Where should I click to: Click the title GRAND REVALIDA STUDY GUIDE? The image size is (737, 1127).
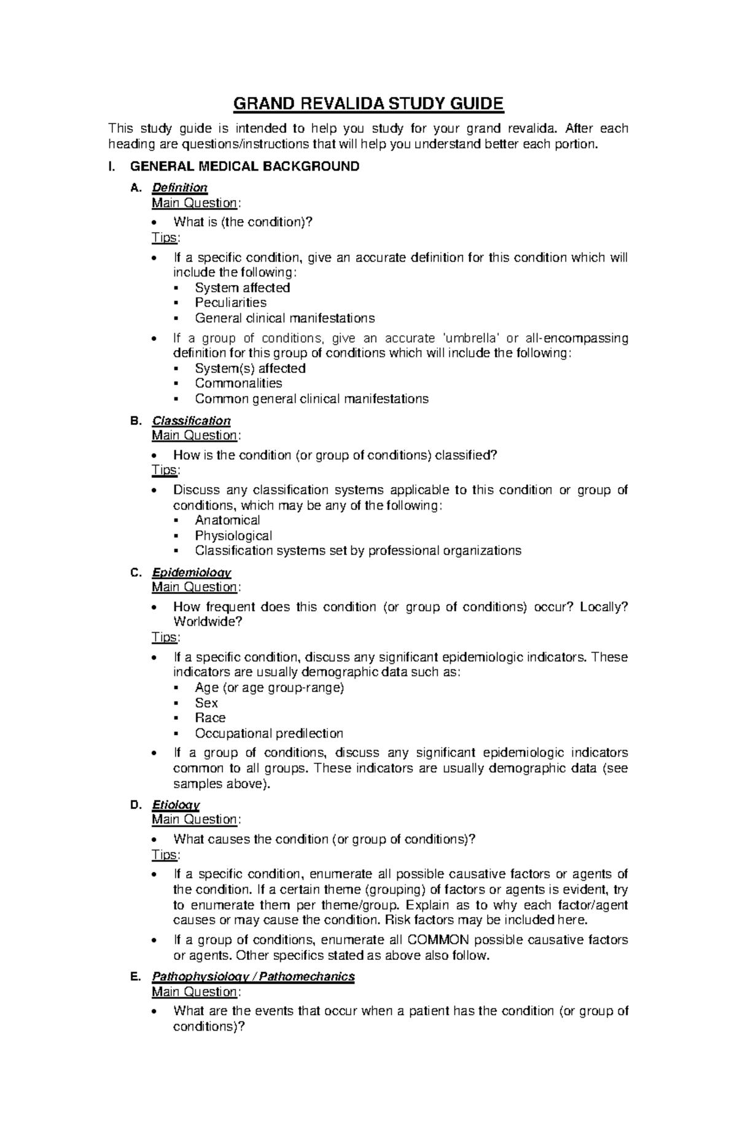(x=368, y=104)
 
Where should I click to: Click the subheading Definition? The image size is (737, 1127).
(x=179, y=188)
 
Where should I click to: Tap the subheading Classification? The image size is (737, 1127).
(x=191, y=421)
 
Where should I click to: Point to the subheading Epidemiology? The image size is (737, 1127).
(x=191, y=572)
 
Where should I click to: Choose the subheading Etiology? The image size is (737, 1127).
(x=176, y=805)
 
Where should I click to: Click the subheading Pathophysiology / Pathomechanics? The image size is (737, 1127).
(x=253, y=977)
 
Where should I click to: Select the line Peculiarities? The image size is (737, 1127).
(x=230, y=303)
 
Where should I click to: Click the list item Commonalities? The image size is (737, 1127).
(x=238, y=383)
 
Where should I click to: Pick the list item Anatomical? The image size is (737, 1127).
(x=227, y=520)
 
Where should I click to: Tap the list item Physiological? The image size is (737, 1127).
(x=233, y=536)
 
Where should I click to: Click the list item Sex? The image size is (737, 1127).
(x=206, y=703)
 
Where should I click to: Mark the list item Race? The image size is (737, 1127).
(x=210, y=718)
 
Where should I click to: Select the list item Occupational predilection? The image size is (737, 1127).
(x=268, y=733)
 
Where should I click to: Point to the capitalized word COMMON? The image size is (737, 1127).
(x=439, y=940)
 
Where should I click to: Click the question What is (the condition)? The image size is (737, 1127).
(x=243, y=222)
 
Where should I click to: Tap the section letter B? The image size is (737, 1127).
(x=136, y=421)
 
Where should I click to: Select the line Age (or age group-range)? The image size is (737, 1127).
(x=269, y=687)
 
